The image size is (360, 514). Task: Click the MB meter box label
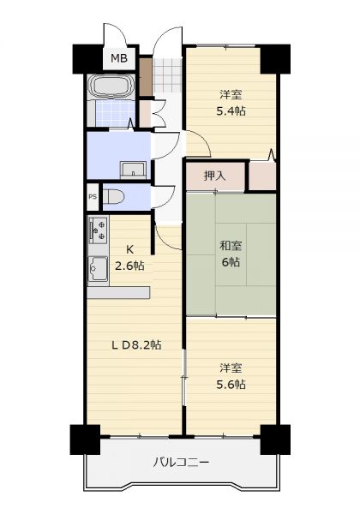click(118, 58)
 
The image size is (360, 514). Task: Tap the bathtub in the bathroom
click(111, 86)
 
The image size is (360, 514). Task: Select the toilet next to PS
click(113, 197)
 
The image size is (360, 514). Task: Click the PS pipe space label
click(93, 197)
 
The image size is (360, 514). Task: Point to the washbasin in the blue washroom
click(133, 170)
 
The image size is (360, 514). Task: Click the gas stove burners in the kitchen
click(99, 230)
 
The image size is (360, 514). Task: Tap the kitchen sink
click(98, 268)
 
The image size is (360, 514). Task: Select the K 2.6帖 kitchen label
click(129, 258)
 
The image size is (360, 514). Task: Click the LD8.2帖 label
click(136, 344)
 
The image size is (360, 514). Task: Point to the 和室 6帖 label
click(231, 254)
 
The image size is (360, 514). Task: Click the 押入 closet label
click(215, 176)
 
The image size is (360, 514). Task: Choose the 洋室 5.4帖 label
click(231, 103)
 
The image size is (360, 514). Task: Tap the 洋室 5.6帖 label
click(231, 376)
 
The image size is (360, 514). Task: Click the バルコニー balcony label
click(181, 463)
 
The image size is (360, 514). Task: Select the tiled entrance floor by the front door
click(167, 75)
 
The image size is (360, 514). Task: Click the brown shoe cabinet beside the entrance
click(146, 77)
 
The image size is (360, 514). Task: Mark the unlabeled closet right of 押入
click(262, 176)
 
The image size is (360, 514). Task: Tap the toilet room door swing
click(163, 197)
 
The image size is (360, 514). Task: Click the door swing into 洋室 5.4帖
click(198, 144)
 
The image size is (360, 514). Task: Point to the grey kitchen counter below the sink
click(118, 293)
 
